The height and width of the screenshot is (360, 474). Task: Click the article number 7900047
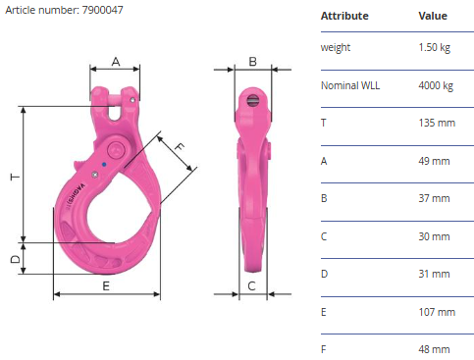pos(103,10)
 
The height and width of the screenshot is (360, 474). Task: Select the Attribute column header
pos(344,16)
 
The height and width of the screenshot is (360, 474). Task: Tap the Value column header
pos(433,16)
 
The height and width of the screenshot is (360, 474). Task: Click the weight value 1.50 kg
pos(435,47)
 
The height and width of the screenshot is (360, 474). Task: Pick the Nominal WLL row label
pos(350,85)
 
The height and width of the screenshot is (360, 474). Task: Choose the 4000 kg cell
pos(436,85)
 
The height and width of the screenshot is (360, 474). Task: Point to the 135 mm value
pos(437,123)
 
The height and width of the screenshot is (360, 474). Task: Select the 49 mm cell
pos(434,161)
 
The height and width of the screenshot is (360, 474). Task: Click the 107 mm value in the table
pos(437,312)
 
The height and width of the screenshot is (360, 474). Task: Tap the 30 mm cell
pos(434,236)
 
